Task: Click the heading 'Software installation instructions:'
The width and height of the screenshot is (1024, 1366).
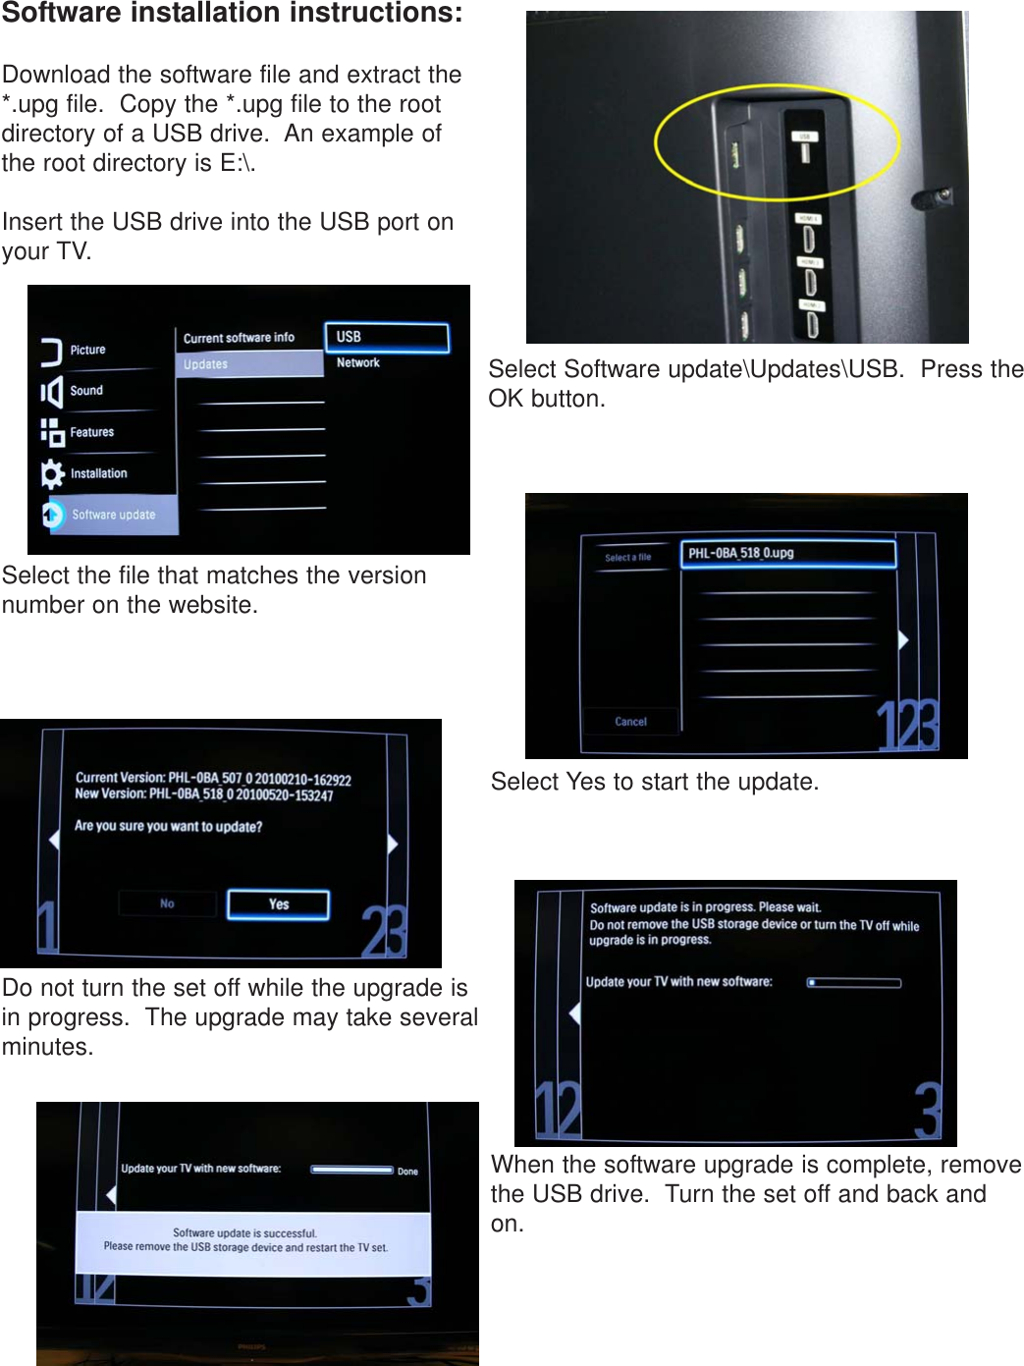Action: tap(232, 14)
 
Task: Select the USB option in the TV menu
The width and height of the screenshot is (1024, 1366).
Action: tap(386, 337)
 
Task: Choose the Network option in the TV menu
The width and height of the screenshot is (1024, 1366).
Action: tap(358, 363)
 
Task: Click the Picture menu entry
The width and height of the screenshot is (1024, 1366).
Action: tap(87, 351)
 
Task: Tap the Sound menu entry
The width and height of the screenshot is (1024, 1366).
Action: tap(86, 391)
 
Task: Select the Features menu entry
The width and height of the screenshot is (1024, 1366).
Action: tap(91, 432)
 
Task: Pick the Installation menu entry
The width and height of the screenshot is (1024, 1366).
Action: tap(98, 473)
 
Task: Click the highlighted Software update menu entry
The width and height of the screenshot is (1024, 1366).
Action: tap(113, 515)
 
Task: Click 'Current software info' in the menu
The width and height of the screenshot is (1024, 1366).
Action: tap(239, 338)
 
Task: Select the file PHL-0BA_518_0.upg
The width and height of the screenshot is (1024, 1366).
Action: tap(787, 554)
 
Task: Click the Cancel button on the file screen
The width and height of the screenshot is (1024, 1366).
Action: tap(630, 722)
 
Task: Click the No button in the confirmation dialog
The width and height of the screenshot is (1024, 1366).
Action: tap(167, 903)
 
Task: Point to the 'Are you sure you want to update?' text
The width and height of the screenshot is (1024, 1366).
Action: tap(169, 827)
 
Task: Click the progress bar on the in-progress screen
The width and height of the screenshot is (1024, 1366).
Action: tap(853, 982)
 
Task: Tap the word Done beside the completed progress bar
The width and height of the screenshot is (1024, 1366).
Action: tap(407, 1172)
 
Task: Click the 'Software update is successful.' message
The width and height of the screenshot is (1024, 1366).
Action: tap(244, 1233)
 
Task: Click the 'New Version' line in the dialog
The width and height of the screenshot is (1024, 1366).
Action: tap(204, 794)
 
